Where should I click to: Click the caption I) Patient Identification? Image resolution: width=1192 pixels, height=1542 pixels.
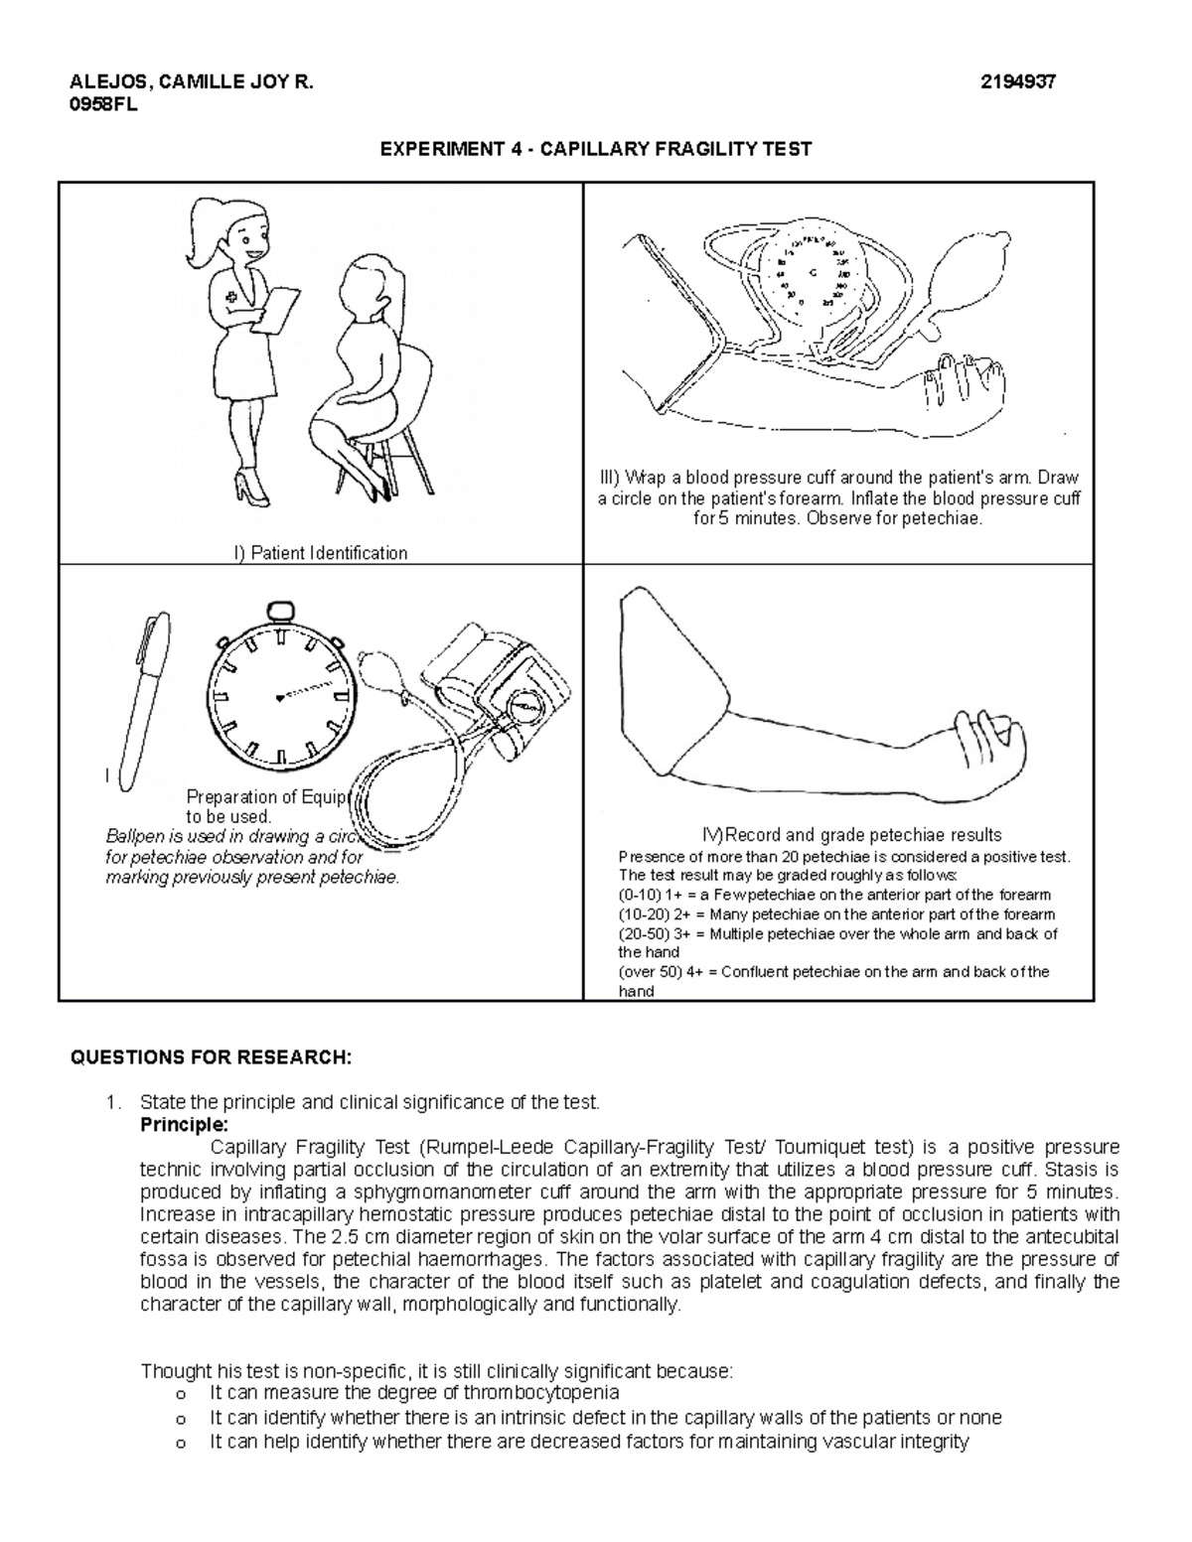click(x=320, y=553)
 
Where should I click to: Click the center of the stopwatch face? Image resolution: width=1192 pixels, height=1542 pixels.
click(x=282, y=696)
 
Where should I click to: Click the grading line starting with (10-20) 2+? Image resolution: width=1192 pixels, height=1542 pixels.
click(x=836, y=914)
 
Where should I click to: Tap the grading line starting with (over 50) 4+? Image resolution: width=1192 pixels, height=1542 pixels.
click(x=833, y=972)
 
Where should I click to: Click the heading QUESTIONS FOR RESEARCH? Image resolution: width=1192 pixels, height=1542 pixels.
click(x=211, y=1057)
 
